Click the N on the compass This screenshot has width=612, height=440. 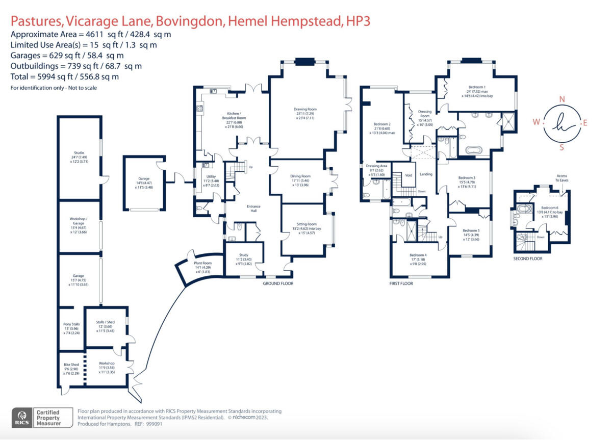[562, 99]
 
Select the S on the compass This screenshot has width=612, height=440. [562, 148]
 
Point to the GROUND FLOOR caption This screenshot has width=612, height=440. [278, 283]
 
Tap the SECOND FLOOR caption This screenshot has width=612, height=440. [528, 258]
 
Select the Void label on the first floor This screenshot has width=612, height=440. [409, 175]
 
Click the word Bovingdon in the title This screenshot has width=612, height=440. [190, 21]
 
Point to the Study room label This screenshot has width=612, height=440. [244, 256]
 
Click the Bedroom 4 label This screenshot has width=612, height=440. [418, 255]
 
